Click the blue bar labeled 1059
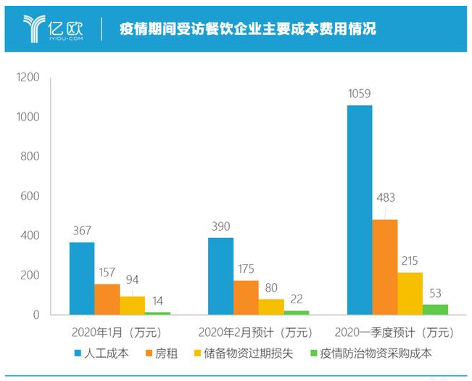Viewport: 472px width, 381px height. (x=360, y=210)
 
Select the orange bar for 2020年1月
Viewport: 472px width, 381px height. (x=107, y=299)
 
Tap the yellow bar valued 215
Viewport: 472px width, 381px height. (x=410, y=293)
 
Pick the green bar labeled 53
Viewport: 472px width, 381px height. (x=435, y=310)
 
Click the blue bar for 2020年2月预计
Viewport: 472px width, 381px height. (x=220, y=276)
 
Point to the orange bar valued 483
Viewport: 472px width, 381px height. (x=385, y=267)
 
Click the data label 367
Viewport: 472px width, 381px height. (x=81, y=231)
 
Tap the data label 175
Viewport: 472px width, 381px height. (x=246, y=269)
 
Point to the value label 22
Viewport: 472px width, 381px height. (x=297, y=299)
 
